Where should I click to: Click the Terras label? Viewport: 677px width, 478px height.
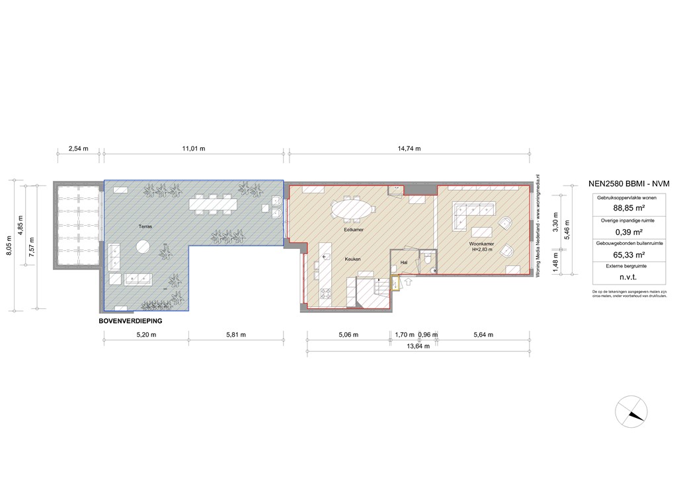(145, 226)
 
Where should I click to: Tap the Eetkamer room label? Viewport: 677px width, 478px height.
(354, 230)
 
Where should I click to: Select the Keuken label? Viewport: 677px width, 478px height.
(352, 259)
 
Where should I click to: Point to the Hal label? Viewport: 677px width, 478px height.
(404, 262)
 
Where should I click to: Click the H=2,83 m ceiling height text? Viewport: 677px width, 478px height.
(482, 250)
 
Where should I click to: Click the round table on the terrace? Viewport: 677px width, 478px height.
(143, 248)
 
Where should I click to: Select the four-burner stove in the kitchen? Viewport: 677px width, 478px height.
(325, 294)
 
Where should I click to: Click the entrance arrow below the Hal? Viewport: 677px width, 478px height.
(407, 283)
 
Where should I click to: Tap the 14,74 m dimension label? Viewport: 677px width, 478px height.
(409, 149)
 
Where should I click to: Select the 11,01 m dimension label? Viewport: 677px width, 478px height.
(194, 149)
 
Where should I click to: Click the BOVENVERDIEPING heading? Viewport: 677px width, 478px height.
(130, 320)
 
